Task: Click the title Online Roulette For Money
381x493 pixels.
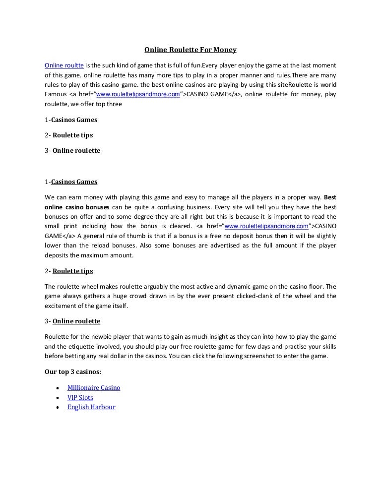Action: [x=190, y=50]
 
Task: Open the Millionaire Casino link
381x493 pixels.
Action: [x=94, y=387]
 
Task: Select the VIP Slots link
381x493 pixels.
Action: [x=80, y=397]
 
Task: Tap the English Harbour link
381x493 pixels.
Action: [x=91, y=407]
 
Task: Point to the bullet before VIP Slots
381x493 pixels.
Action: [x=58, y=398]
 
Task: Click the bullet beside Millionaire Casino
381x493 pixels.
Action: [x=58, y=388]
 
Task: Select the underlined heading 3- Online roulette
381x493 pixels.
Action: [x=72, y=321]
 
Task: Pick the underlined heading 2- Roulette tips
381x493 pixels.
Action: [x=68, y=271]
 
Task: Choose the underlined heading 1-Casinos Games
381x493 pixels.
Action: [x=71, y=182]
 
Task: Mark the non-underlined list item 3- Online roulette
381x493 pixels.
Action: [x=72, y=150]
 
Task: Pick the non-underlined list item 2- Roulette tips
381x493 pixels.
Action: [x=68, y=135]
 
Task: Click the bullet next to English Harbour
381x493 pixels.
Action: [x=58, y=408]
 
